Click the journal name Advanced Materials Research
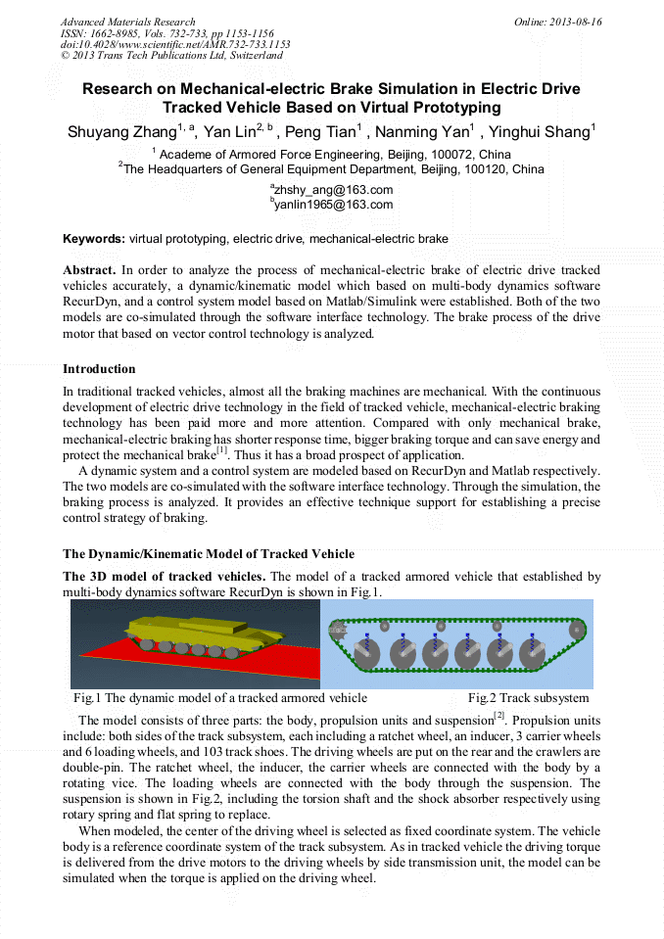(x=127, y=22)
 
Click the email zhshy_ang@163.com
(x=334, y=190)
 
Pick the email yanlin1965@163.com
(x=334, y=205)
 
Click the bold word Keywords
(x=93, y=239)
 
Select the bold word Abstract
(x=89, y=269)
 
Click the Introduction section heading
(x=99, y=369)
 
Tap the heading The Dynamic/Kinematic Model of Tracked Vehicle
(x=208, y=554)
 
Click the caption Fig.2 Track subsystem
(x=528, y=698)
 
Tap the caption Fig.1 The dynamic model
(x=220, y=698)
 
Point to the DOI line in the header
(x=175, y=44)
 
